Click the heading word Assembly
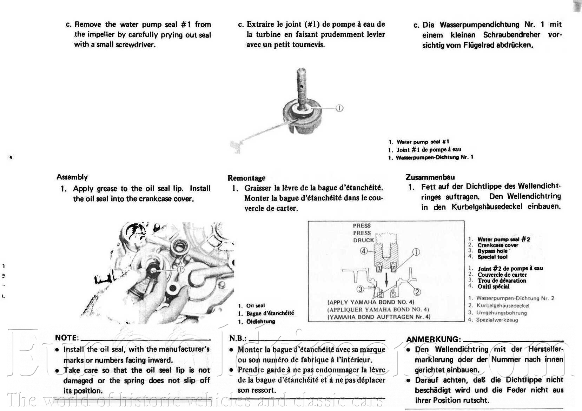72,177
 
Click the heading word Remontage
246,178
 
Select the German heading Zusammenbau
430,177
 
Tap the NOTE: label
67,338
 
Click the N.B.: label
238,338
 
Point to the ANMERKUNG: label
433,339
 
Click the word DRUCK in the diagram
363,240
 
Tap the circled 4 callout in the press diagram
364,251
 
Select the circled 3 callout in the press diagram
360,289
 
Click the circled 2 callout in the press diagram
417,292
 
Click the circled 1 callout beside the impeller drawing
339,108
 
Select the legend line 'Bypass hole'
492,251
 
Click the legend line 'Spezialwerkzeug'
497,320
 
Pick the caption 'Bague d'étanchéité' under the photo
270,313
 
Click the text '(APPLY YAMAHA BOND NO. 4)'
371,302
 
